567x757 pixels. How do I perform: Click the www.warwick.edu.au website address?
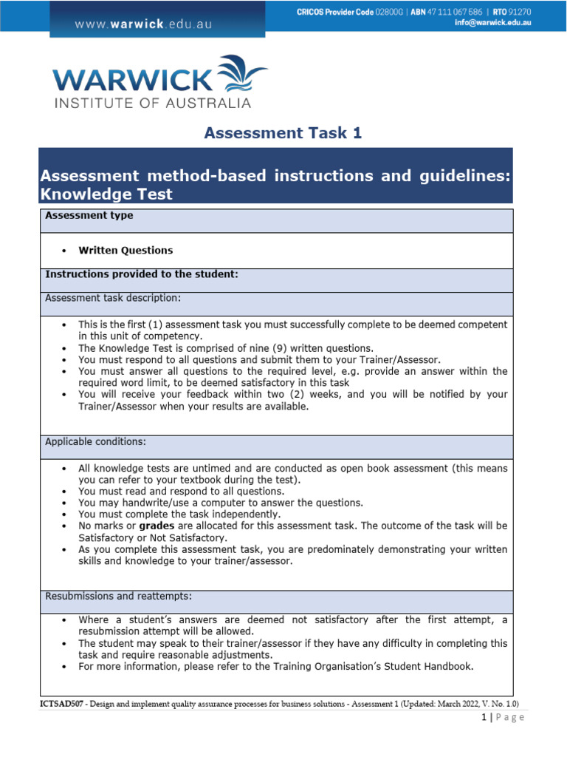pos(143,24)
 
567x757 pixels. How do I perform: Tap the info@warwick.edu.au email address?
pos(492,23)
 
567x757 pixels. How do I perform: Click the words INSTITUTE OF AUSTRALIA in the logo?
pos(152,103)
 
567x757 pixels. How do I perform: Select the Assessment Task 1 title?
pos(283,133)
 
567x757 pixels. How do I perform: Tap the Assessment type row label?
pos(89,216)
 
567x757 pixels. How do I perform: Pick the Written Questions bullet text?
pos(126,251)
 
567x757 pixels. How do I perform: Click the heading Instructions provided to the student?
pos(142,274)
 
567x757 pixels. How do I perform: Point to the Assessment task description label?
pos(113,298)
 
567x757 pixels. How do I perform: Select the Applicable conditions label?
pos(96,441)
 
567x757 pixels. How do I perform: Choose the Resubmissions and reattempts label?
pos(119,596)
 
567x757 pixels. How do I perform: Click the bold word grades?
pos(161,526)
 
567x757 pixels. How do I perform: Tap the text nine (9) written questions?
pos(313,348)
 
